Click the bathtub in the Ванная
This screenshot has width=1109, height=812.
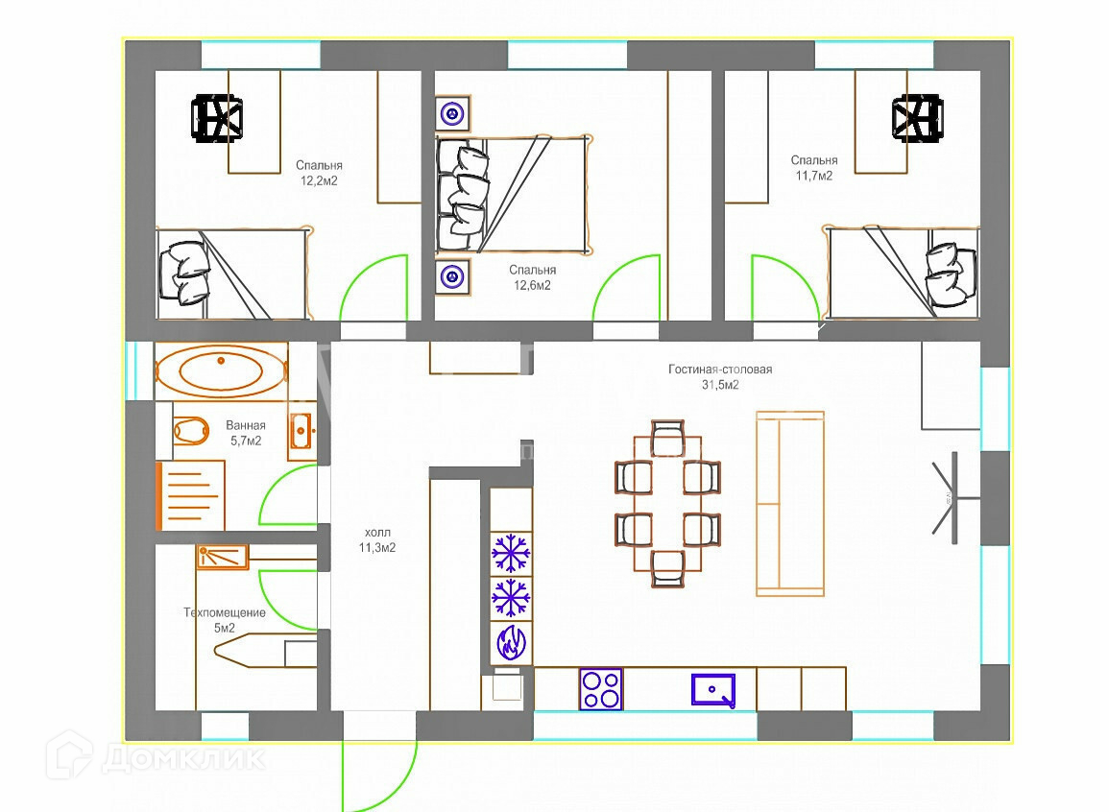point(221,371)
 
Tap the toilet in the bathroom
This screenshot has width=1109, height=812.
point(190,430)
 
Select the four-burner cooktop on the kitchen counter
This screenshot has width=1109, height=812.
point(600,689)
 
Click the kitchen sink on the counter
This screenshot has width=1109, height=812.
point(712,690)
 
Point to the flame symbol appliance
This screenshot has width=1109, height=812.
point(511,643)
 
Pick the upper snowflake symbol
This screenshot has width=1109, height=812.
point(511,553)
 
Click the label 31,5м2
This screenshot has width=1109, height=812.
point(720,385)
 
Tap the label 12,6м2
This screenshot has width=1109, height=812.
point(532,285)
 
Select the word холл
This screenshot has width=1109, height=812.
point(377,532)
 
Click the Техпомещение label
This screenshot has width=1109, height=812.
point(225,612)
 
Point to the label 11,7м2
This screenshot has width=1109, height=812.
point(814,176)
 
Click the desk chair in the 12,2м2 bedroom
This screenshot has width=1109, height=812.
point(217,118)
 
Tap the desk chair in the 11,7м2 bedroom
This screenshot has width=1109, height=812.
point(917,118)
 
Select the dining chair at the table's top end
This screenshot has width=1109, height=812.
point(667,439)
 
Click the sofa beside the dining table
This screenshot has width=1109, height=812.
point(790,504)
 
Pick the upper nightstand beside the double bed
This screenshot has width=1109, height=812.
point(452,113)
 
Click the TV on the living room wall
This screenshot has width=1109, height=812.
point(952,498)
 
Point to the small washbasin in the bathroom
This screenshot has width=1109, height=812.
point(302,430)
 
